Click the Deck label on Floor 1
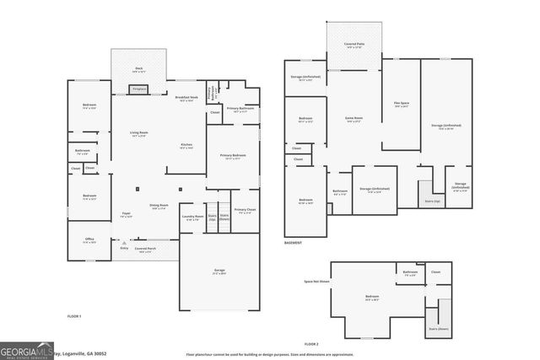(139, 69)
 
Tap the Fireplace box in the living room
(138, 89)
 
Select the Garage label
(219, 271)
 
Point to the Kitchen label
(186, 146)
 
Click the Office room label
(89, 240)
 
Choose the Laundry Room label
(192, 217)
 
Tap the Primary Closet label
(246, 211)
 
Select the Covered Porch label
(144, 250)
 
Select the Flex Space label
(402, 105)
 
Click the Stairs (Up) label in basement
(431, 201)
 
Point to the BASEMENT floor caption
(293, 244)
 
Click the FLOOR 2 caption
(311, 344)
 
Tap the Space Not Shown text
(316, 282)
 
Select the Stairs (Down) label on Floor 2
(438, 328)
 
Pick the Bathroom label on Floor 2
(410, 272)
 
